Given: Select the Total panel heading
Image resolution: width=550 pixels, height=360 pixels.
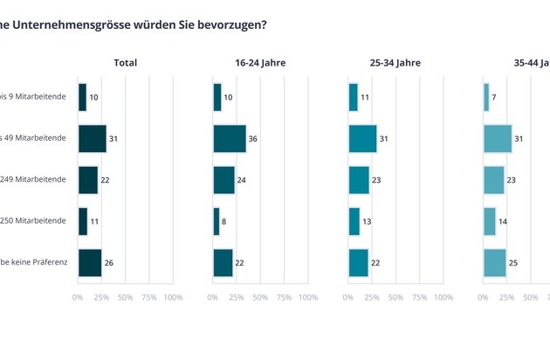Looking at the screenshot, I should click(125, 63).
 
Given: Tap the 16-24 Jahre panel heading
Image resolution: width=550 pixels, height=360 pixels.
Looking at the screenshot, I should click(260, 63).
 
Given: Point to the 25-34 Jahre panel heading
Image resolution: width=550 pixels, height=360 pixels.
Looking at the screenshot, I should click(395, 63).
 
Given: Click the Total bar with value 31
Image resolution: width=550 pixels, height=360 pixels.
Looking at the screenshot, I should click(92, 138).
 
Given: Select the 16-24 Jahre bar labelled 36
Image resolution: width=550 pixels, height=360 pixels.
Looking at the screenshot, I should click(230, 138).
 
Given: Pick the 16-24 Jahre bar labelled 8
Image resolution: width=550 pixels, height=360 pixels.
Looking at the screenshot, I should click(217, 221).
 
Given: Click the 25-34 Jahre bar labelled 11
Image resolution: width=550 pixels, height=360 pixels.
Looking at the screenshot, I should click(354, 97).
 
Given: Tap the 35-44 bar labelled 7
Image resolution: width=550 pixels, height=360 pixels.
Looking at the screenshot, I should click(486, 97).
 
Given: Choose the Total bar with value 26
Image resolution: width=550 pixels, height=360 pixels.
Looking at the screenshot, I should click(90, 262).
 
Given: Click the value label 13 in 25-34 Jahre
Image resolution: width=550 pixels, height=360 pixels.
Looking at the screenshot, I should click(366, 222).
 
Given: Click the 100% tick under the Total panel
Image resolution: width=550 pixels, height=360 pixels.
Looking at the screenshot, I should click(173, 298).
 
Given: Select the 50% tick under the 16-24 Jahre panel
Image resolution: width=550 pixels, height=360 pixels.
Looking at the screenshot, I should click(260, 298).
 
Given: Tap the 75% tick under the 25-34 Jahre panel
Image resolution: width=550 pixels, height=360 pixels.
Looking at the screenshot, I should click(419, 298).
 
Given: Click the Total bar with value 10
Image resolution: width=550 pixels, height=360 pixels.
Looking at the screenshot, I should click(82, 97).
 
